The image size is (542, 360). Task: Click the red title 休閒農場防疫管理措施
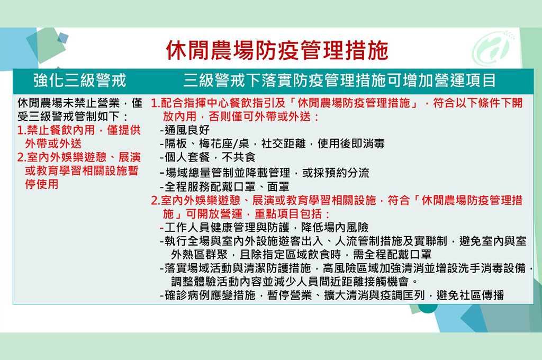pos(277,50)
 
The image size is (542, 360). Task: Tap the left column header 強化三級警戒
pos(80,80)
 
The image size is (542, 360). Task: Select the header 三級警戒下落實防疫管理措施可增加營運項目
pos(339,80)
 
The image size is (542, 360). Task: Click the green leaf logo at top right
pos(493,48)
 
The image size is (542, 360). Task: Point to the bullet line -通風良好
pos(185,130)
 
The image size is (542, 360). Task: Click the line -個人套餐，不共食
pos(207,157)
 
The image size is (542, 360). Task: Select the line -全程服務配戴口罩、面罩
pos(224,187)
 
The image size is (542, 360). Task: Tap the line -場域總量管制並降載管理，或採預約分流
pos(265,173)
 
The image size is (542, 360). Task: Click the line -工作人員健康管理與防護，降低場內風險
pos(264,228)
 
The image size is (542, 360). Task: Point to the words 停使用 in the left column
pos(41,184)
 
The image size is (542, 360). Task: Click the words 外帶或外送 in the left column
pos(53,143)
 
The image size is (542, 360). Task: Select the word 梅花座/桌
pos(224,143)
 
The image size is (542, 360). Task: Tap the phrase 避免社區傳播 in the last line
pos(470,295)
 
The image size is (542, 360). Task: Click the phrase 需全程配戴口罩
pos(392,255)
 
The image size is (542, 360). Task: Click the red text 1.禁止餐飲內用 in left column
pos(56,130)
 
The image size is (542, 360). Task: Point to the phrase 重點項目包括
pos(288,214)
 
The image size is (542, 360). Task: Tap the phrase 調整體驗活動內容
pos(216,282)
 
